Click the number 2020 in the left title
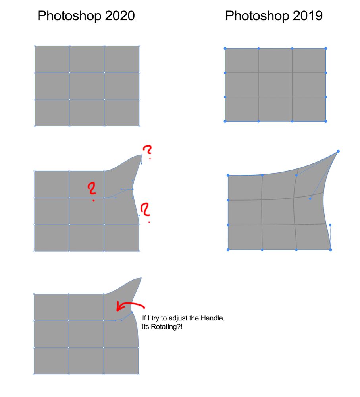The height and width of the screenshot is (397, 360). tap(119, 16)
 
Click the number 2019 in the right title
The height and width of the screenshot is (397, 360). tap(308, 16)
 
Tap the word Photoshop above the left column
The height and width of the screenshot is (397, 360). tap(69, 16)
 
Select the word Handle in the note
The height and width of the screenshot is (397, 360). tap(212, 318)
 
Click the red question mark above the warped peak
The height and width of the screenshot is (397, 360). tap(147, 151)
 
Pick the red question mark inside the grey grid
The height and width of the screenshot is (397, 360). tap(92, 191)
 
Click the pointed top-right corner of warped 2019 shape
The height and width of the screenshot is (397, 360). tap(338, 151)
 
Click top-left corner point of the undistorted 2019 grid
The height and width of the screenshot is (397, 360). tap(225, 48)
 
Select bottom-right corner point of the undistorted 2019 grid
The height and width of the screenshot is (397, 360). tap(325, 121)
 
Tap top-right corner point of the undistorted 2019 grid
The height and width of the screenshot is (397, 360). tap(325, 48)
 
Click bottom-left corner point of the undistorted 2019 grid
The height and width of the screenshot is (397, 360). tap(225, 121)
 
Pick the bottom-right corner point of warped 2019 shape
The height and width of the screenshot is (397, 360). tap(330, 250)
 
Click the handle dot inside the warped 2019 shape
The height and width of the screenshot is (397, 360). tap(310, 199)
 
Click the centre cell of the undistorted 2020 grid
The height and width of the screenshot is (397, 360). tap(87, 86)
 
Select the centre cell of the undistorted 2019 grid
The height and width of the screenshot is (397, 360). tap(275, 85)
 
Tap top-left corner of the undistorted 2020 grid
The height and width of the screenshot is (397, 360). tap(35, 46)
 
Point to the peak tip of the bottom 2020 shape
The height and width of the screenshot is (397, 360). tap(141, 278)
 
